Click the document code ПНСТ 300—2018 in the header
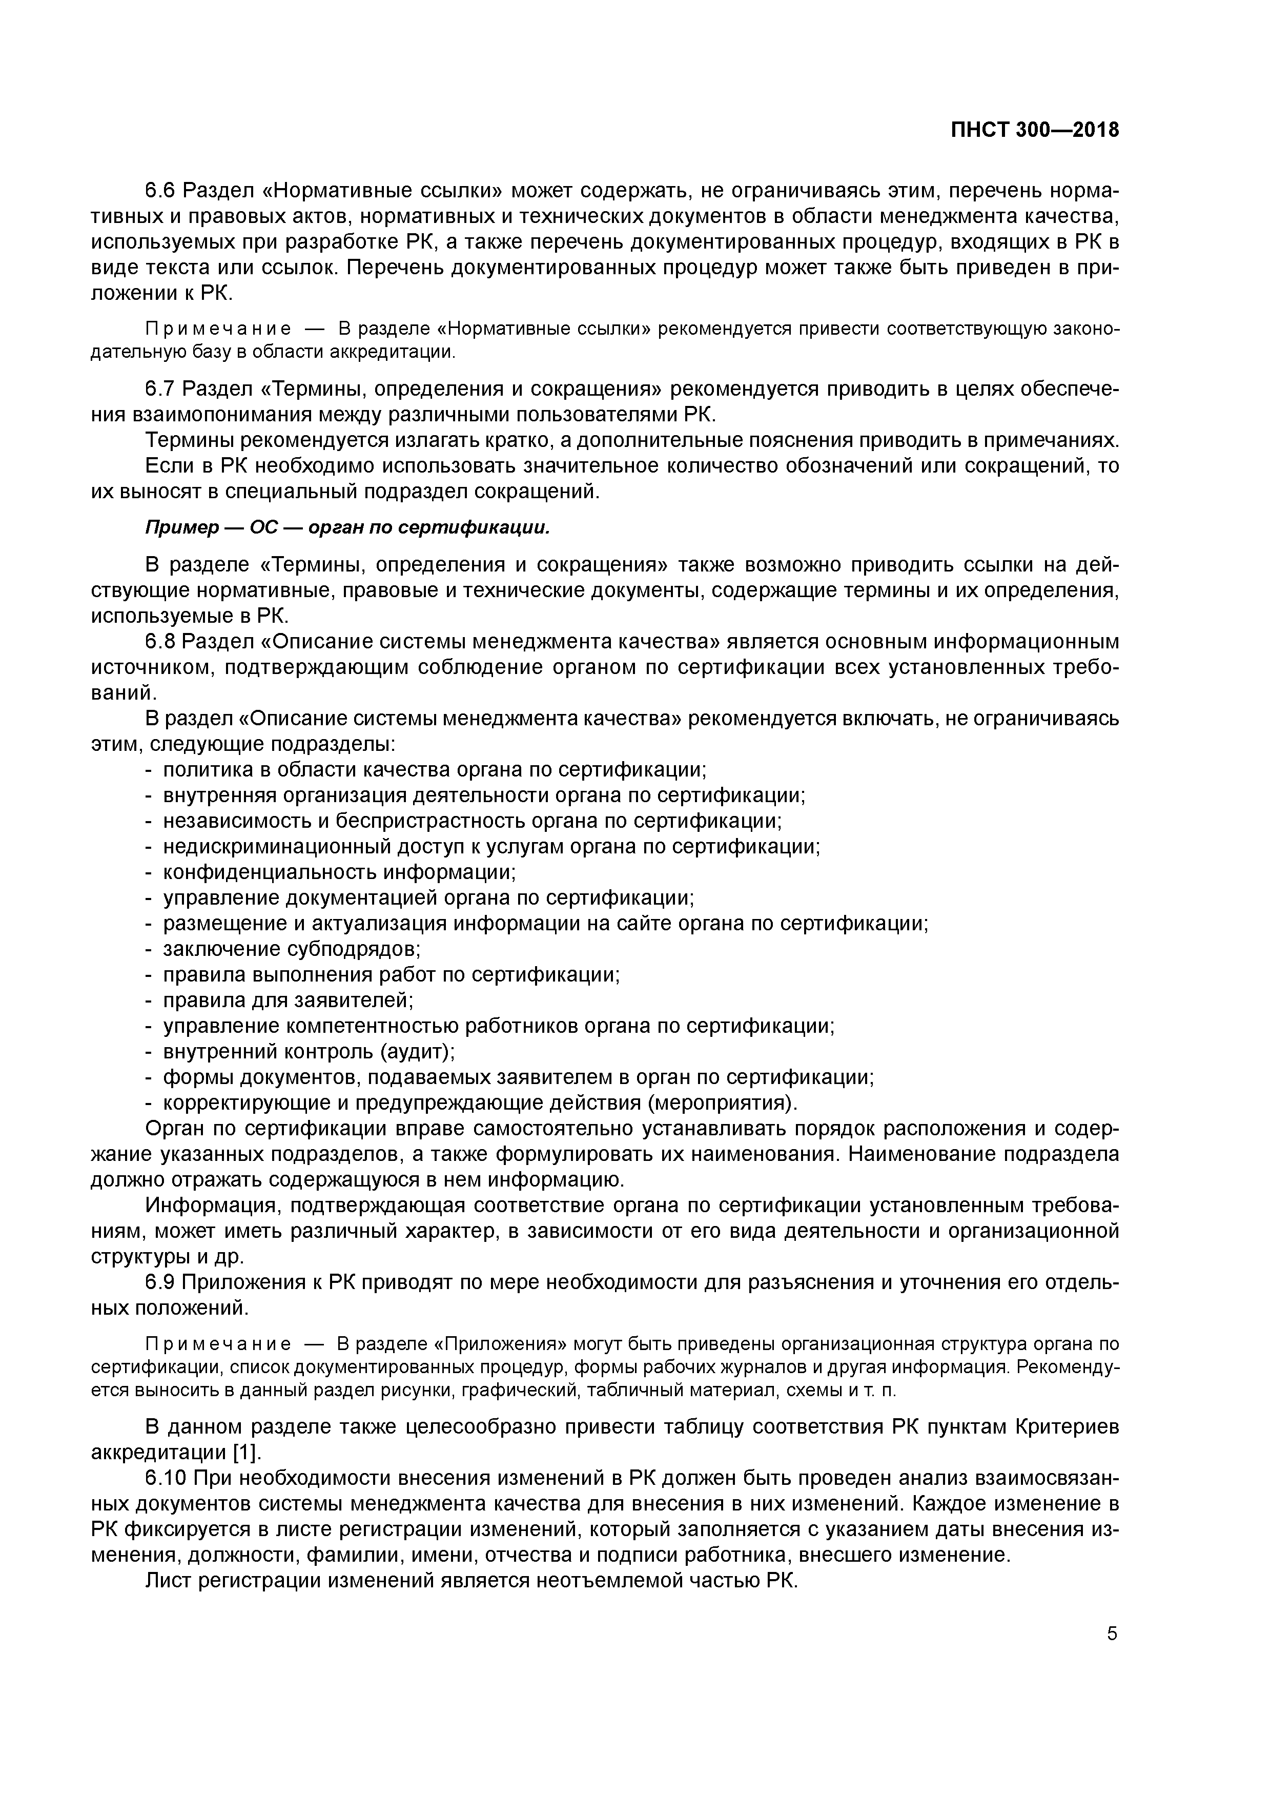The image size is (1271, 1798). [x=1035, y=131]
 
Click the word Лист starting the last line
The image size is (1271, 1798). [x=169, y=1580]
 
